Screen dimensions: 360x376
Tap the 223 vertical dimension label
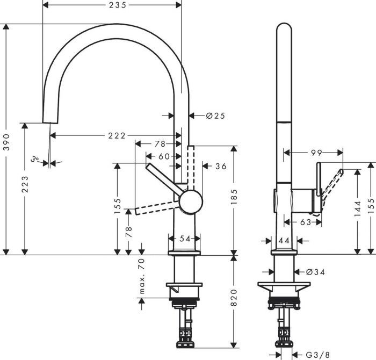(25, 188)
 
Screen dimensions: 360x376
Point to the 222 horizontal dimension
(115, 135)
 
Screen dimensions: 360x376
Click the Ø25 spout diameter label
(214, 116)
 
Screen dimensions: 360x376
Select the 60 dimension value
(164, 156)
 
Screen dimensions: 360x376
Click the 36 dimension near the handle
(221, 167)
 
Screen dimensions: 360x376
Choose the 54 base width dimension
(184, 238)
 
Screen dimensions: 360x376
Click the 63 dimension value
(305, 221)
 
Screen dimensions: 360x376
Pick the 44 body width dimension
(284, 241)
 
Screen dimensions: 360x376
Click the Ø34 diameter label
(316, 272)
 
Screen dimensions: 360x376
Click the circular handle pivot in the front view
(191, 201)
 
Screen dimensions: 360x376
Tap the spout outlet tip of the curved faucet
(47, 119)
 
